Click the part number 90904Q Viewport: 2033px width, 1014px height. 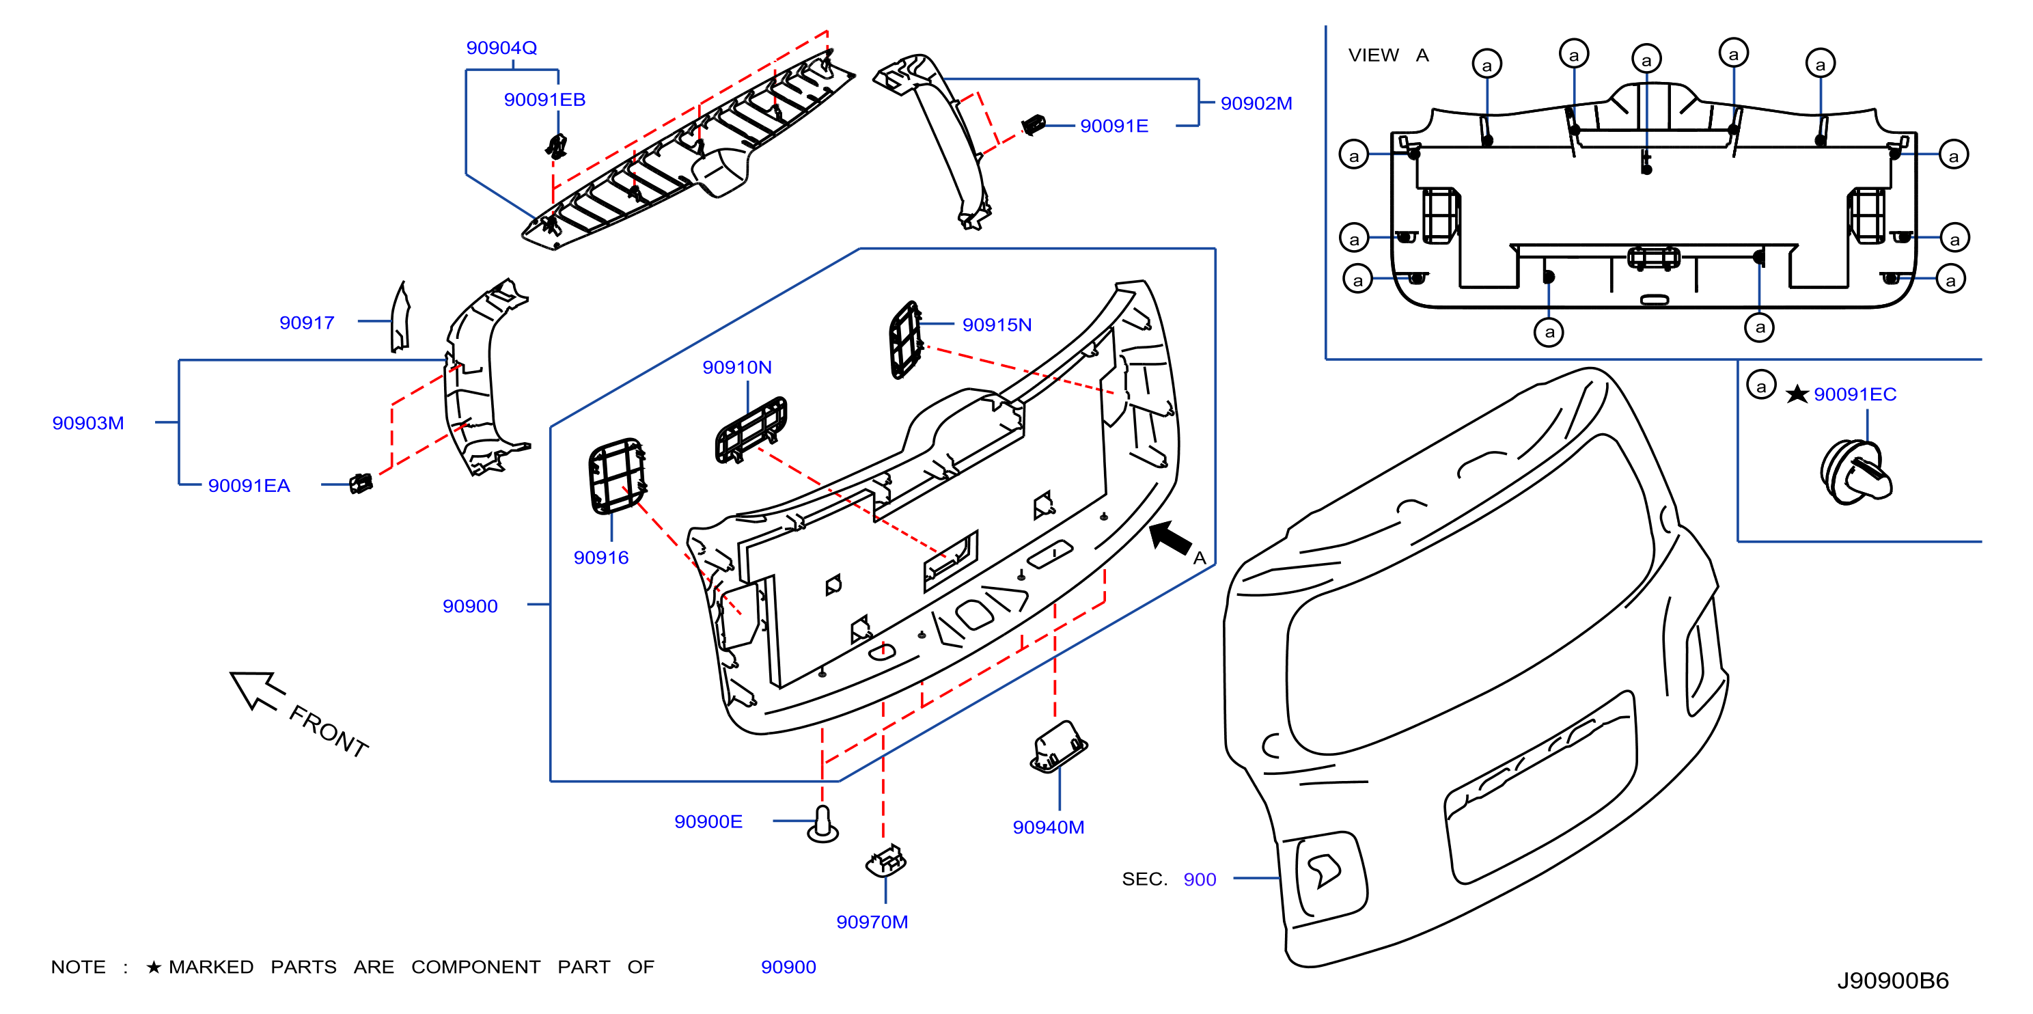pyautogui.click(x=501, y=48)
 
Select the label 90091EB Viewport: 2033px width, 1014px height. pyautogui.click(x=544, y=100)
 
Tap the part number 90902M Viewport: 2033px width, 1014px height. pyautogui.click(x=1256, y=103)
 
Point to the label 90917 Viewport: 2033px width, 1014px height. pyautogui.click(x=307, y=323)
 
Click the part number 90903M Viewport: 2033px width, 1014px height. pyautogui.click(x=88, y=423)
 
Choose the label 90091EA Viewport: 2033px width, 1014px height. pyautogui.click(x=249, y=486)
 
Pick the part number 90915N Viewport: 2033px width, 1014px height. pyautogui.click(x=997, y=325)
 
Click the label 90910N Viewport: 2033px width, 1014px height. pyautogui.click(x=737, y=368)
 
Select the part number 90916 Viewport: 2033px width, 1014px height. pyautogui.click(x=601, y=558)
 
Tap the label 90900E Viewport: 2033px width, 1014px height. pyautogui.click(x=708, y=822)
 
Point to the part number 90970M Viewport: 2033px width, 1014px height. pyautogui.click(x=872, y=922)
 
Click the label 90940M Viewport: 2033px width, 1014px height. pyautogui.click(x=1049, y=827)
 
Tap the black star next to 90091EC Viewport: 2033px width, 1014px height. pyautogui.click(x=1797, y=394)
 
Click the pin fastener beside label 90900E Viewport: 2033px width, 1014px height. pyautogui.click(x=823, y=824)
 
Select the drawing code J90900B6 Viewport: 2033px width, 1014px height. pyautogui.click(x=1892, y=981)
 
